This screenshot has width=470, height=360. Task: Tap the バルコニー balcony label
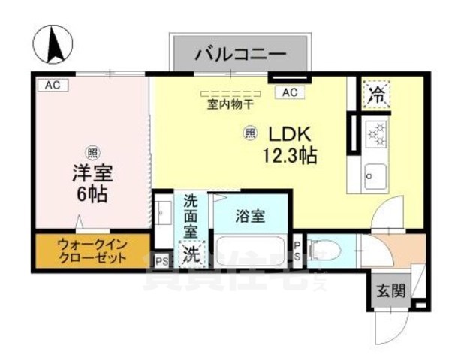[x=240, y=53]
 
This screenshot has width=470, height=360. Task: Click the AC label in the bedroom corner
[x=51, y=85]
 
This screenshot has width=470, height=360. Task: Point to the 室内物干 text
[x=230, y=105]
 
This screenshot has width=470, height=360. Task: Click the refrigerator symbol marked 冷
[x=376, y=94]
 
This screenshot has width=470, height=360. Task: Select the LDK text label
[x=285, y=134]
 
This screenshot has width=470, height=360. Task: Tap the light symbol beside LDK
[x=249, y=134]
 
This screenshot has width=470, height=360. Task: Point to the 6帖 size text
[x=91, y=193]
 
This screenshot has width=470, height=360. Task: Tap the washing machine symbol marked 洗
[x=192, y=253]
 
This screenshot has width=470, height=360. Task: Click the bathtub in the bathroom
[x=250, y=250]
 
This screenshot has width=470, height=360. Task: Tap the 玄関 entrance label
[x=388, y=290]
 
